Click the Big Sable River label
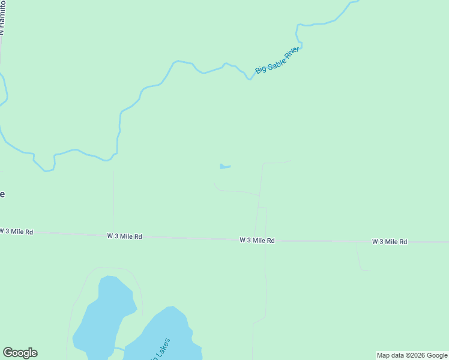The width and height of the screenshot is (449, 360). click(x=277, y=60)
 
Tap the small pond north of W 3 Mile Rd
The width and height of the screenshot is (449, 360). click(x=224, y=166)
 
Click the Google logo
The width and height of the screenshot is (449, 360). click(x=20, y=353)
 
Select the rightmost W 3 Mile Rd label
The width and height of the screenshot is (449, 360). click(x=390, y=242)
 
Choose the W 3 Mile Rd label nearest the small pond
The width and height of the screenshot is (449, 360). click(x=257, y=240)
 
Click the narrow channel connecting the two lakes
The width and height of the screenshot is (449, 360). click(x=119, y=348)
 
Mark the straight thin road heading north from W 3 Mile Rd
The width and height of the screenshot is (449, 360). click(x=113, y=201)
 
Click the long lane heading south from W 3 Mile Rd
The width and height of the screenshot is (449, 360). click(x=265, y=282)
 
